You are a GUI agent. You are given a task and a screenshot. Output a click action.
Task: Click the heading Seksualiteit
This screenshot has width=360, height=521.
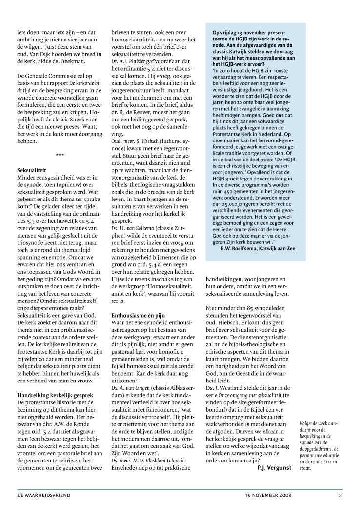[33, 170]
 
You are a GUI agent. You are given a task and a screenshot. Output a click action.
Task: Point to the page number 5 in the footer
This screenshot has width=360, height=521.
[340, 495]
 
